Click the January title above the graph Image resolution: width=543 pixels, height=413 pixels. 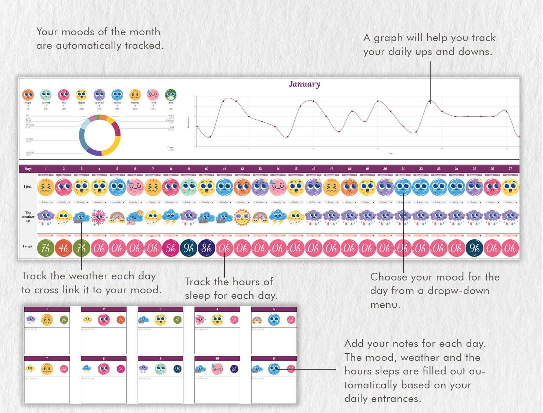tap(304, 84)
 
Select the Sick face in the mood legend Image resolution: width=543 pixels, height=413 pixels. tap(170, 95)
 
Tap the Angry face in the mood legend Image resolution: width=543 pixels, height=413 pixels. tap(28, 95)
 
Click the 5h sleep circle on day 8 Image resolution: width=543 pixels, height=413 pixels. tap(171, 249)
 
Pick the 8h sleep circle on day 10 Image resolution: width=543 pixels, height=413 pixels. tap(206, 249)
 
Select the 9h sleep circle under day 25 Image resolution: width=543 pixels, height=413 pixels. tap(474, 249)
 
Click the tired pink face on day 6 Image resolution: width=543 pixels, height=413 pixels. tap(135, 187)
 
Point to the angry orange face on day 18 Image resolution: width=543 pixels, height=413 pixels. tap(349, 187)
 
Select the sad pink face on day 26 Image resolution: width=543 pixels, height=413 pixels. tap(492, 187)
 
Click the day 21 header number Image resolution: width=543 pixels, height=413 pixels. tap(403, 169)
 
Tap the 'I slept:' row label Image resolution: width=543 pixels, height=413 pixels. tap(28, 246)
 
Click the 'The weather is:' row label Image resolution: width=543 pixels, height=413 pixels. tap(28, 217)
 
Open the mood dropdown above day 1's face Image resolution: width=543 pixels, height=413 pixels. tap(46, 175)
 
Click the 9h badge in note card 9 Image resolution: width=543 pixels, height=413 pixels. tap(177, 369)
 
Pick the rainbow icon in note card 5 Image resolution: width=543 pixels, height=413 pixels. tap(257, 320)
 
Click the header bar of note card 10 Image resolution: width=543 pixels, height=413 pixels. tap(217, 358)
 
